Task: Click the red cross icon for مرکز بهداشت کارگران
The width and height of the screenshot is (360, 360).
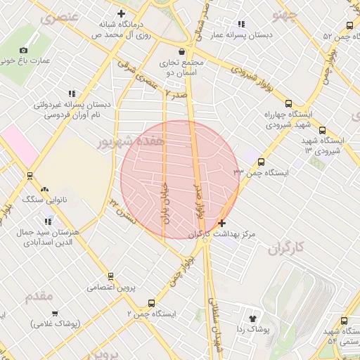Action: coord(222,223)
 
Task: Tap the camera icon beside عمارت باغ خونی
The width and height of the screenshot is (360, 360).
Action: coord(24,50)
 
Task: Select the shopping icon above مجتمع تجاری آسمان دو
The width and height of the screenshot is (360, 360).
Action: coord(182,51)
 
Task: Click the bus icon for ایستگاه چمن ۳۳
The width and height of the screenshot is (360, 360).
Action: coord(261,162)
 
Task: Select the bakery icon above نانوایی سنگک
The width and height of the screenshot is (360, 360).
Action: coord(45,189)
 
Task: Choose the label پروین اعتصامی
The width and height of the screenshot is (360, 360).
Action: coord(110,287)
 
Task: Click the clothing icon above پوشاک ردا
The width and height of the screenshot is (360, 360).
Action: coord(253,319)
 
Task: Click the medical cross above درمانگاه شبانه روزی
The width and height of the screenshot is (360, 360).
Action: coord(121,13)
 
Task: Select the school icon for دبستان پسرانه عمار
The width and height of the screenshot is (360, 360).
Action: coord(242,24)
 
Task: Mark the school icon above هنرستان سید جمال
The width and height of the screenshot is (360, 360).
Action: coord(48,222)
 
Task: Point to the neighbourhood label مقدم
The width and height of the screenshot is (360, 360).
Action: coord(39,296)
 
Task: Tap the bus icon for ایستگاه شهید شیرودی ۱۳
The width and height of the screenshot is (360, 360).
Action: coord(322,130)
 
